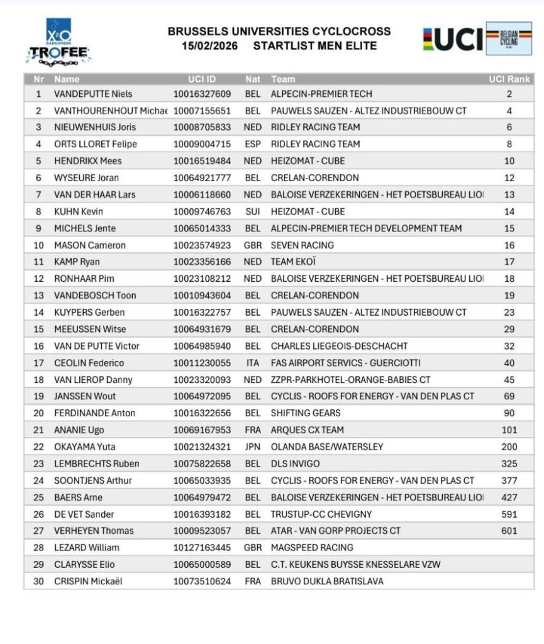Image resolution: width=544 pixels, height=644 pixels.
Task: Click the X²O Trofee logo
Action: point(58,43)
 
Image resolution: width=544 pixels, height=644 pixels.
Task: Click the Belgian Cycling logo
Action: point(508,38)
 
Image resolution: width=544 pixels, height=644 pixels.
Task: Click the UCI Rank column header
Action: point(509,79)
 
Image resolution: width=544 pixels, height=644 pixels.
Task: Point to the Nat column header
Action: point(252,79)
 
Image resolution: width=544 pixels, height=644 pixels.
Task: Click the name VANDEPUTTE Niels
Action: point(93,94)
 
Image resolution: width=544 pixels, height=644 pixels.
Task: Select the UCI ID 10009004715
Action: point(202,144)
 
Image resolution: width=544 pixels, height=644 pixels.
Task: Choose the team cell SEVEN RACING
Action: point(302,245)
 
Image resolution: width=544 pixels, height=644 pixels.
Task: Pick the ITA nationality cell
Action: point(252,363)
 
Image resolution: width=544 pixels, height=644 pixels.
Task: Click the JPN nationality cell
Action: point(252,447)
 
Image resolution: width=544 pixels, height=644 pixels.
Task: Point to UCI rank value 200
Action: point(509,447)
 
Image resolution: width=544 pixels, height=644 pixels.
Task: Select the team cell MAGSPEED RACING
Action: point(312,548)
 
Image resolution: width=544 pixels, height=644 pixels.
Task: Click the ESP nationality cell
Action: point(252,144)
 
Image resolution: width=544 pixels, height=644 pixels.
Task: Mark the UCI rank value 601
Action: point(509,531)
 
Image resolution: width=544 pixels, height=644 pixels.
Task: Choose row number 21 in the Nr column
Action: point(38,430)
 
